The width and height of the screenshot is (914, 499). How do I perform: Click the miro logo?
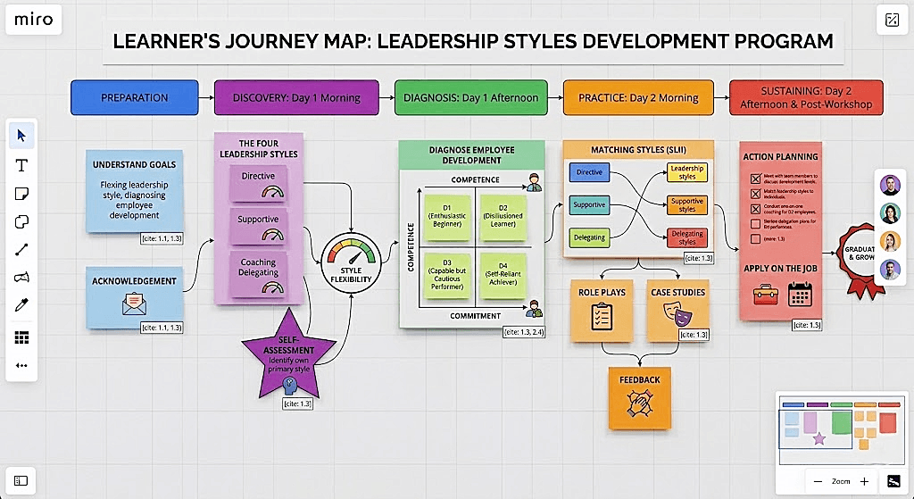tap(33, 20)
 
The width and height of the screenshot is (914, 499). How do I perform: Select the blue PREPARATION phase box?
tap(134, 97)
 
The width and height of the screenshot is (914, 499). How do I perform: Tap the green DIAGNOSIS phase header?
tap(470, 97)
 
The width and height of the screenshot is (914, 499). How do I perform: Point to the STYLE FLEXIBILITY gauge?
tap(351, 260)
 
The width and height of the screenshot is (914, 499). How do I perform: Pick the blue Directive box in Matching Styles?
tap(589, 172)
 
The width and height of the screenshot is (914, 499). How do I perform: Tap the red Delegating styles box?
tap(687, 238)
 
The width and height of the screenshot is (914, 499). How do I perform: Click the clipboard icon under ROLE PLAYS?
tap(602, 315)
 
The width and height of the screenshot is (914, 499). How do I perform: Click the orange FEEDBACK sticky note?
tap(640, 396)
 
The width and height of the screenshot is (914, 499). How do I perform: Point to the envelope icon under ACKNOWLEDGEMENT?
tap(134, 306)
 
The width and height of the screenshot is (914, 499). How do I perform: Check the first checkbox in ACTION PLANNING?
tap(755, 179)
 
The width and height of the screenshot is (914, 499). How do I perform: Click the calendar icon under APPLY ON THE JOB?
tap(800, 294)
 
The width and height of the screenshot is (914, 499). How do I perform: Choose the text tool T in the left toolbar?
tap(21, 165)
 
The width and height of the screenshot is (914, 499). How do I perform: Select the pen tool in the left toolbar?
tap(21, 306)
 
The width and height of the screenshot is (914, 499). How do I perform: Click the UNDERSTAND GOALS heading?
tap(134, 164)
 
